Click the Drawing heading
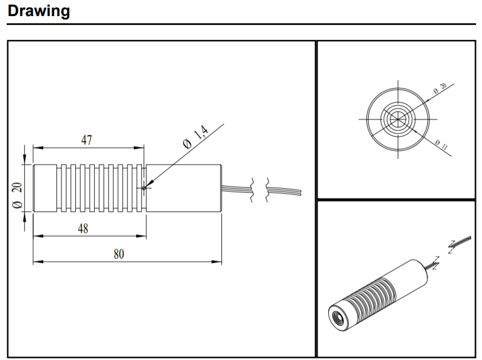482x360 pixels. pos(39,11)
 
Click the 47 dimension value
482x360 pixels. pos(86,140)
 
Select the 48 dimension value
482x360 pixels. pos(83,228)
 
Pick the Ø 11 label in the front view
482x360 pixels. pos(441,146)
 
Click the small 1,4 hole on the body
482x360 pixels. pos(144,188)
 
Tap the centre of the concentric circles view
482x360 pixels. pos(397,119)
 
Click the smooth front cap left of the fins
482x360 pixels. pos(45,188)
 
